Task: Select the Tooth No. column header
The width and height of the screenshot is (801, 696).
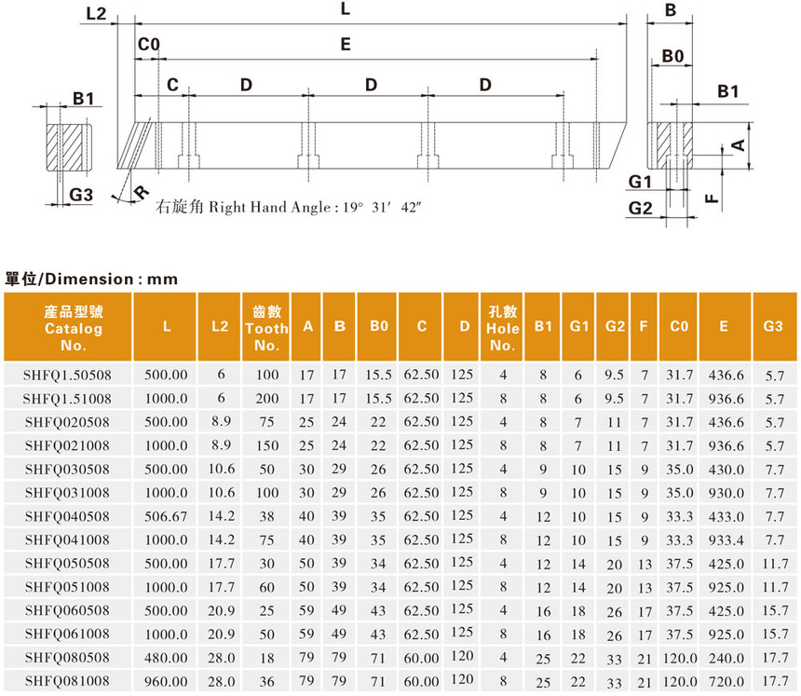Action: point(266,328)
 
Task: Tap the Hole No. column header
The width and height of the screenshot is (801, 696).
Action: point(503,328)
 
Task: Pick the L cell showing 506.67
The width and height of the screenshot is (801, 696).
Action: point(166,516)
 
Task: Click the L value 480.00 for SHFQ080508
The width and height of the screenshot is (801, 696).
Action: point(166,657)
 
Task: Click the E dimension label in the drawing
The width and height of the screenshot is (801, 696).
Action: point(346,44)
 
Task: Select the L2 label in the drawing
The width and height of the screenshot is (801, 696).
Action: point(96,13)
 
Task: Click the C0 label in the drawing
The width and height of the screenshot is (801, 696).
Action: point(149,46)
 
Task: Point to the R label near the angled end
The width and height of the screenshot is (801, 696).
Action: point(142,192)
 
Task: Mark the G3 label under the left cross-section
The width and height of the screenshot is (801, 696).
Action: point(82,194)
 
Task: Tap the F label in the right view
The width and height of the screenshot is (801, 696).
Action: point(711,198)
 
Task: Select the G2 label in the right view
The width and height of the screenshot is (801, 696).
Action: point(640,208)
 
